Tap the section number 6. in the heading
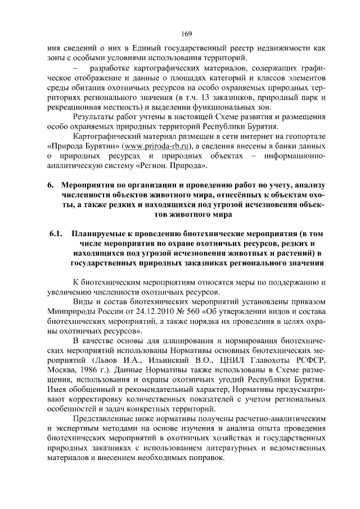coord(49,185)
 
